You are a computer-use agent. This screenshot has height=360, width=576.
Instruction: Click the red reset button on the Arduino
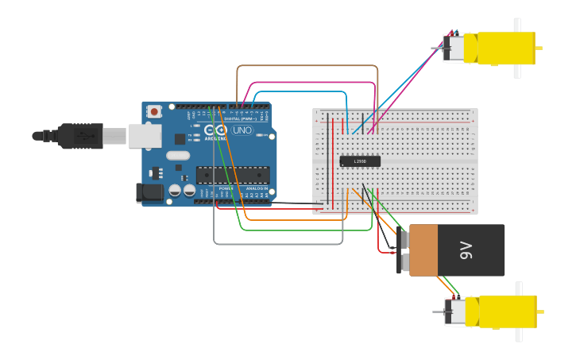pyautogui.click(x=154, y=112)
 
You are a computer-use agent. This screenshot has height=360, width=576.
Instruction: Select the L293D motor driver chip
pyautogui.click(x=360, y=161)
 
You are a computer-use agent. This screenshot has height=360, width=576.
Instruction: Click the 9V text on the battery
pyautogui.click(x=466, y=250)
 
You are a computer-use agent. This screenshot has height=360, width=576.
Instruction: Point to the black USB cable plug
pyautogui.click(x=79, y=136)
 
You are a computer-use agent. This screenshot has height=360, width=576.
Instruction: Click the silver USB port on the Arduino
pyautogui.click(x=145, y=136)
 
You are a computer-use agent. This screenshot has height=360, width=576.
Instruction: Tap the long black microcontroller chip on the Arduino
pyautogui.click(x=233, y=175)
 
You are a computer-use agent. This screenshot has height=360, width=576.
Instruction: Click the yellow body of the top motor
pyautogui.click(x=504, y=48)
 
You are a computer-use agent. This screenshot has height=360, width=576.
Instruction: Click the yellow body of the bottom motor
pyautogui.click(x=506, y=311)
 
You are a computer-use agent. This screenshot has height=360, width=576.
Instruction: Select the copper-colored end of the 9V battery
pyautogui.click(x=423, y=250)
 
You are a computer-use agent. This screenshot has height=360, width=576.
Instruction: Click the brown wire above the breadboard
pyautogui.click(x=306, y=66)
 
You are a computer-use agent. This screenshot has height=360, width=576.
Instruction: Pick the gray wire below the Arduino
pyautogui.click(x=278, y=244)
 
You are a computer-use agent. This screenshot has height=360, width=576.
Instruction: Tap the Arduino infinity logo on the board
pyautogui.click(x=215, y=130)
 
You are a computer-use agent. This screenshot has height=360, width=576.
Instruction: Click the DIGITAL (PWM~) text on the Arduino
pyautogui.click(x=242, y=118)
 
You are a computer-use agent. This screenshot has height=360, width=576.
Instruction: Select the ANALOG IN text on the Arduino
pyautogui.click(x=256, y=188)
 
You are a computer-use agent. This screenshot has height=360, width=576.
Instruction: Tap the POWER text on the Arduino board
pyautogui.click(x=226, y=188)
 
